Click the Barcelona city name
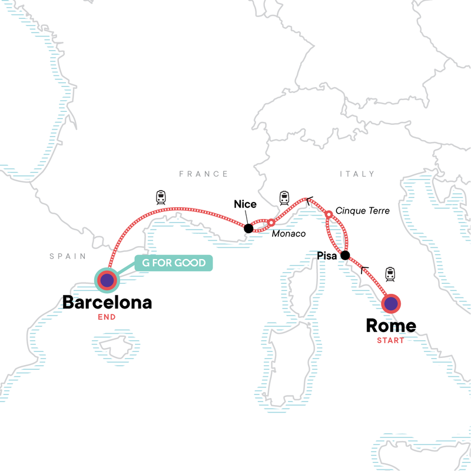pos(107,303)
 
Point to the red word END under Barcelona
pos(107,317)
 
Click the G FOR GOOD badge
pos(173,263)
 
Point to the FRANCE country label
pos(203,174)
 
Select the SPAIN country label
pos(68,256)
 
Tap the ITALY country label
pos(357,174)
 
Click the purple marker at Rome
pos(391,304)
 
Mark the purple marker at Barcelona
pos(107,281)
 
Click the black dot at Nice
pos(248,228)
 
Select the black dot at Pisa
pos(346,256)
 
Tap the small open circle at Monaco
pos(271,223)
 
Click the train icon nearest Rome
pos(389,273)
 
